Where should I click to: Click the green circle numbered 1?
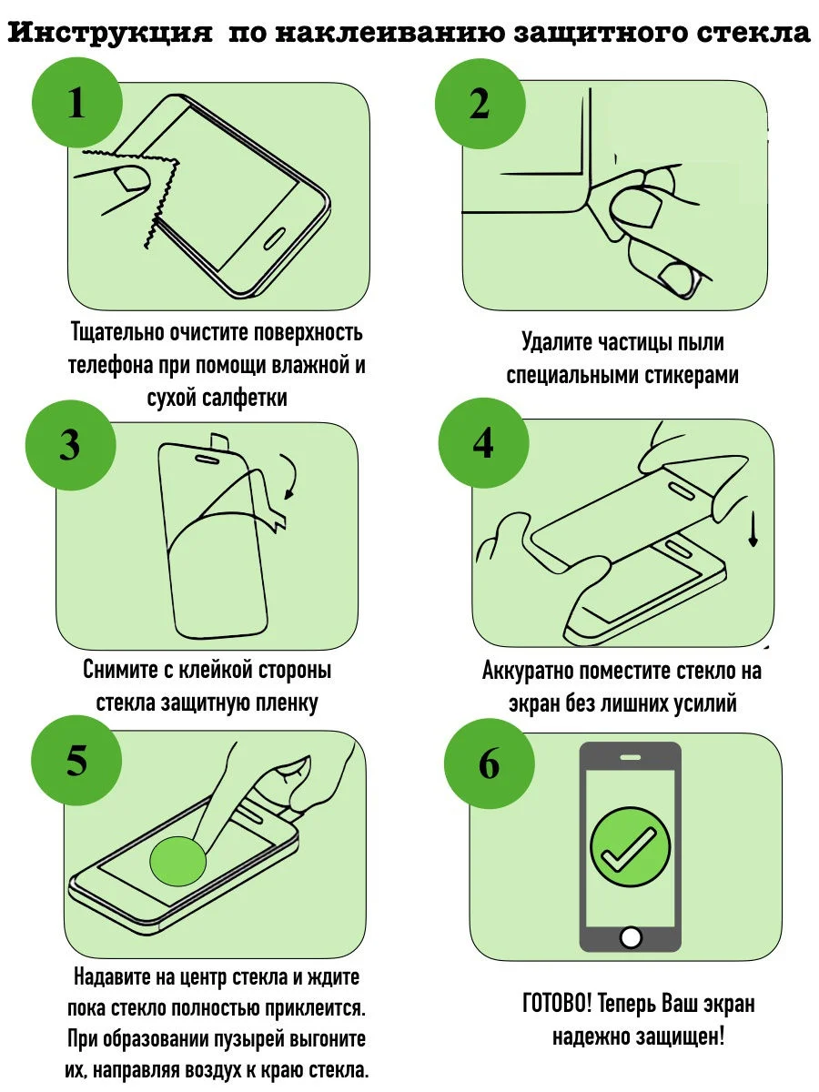tap(77, 103)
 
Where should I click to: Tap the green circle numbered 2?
tap(480, 104)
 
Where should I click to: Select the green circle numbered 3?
tap(71, 445)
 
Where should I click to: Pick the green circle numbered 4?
tap(483, 443)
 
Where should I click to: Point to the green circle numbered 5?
tap(76, 761)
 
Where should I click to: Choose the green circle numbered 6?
tap(490, 763)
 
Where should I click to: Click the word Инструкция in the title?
tap(110, 33)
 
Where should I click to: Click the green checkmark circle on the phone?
tap(630, 846)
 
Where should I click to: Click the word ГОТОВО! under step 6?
tap(557, 1004)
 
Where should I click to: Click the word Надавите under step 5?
tap(112, 977)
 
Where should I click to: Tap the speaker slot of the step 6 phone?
tap(631, 758)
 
